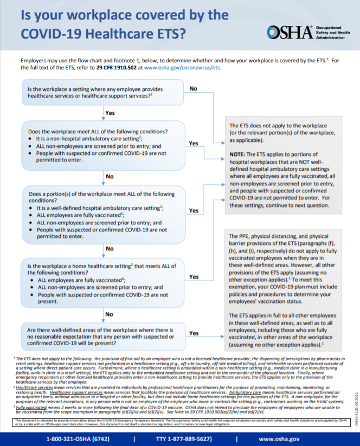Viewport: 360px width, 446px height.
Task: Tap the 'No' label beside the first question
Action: (193, 88)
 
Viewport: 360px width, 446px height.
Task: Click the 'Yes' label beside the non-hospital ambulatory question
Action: (193, 143)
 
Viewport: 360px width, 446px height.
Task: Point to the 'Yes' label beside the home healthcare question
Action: (193, 276)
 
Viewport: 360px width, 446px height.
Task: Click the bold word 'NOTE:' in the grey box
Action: (240, 154)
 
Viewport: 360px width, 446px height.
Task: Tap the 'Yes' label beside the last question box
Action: (193, 333)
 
